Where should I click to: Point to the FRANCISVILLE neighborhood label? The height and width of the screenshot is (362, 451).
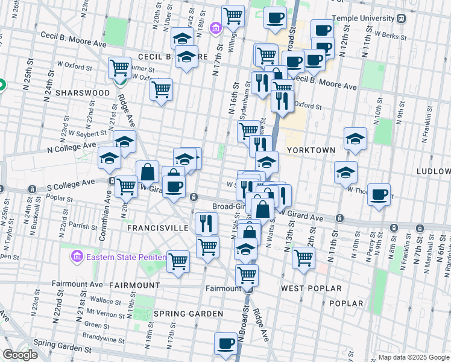tap(158, 228)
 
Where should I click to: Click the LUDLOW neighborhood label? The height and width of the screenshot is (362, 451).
tap(433, 171)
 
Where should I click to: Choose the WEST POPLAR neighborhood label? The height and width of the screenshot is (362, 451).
tap(311, 288)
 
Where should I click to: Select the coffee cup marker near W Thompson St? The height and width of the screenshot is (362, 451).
tap(379, 194)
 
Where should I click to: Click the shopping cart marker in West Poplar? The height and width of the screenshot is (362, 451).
tap(303, 258)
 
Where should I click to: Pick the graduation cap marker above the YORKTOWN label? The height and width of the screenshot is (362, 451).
tap(355, 139)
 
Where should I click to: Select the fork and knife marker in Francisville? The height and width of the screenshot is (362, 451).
tap(206, 223)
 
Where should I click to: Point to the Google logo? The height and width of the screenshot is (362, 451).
tap(20, 355)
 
